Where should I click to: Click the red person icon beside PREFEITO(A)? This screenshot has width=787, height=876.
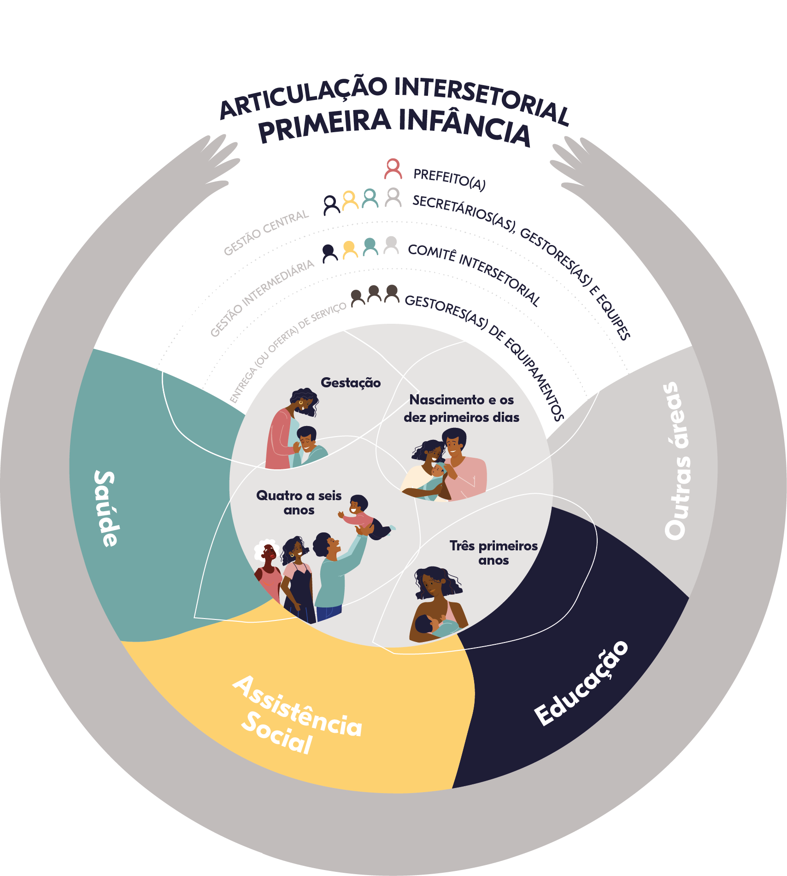tap(393, 169)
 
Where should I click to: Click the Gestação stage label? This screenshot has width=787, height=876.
tap(351, 383)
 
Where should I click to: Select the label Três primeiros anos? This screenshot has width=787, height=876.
tap(493, 553)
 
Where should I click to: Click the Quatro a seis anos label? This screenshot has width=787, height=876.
tap(299, 502)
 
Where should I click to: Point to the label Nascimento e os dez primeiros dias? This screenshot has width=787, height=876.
tap(462, 409)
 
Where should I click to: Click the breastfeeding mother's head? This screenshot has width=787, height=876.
tap(434, 583)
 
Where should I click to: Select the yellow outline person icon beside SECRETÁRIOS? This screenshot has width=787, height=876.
tap(350, 200)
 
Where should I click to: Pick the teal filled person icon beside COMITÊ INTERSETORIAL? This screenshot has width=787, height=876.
tap(370, 246)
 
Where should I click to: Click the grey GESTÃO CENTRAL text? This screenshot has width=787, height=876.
tap(266, 233)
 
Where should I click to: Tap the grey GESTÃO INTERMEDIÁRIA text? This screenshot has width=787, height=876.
tap(262, 298)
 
